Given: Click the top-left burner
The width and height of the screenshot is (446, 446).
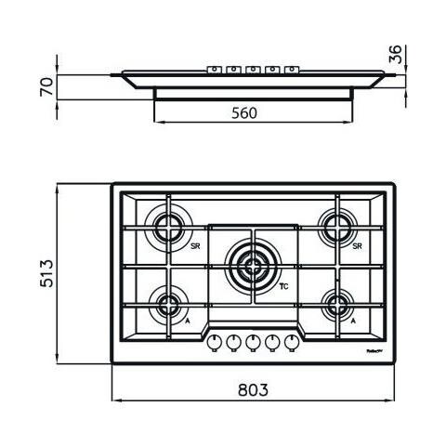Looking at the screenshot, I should pos(171,227).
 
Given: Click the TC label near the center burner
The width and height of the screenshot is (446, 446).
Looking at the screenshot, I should pos(285,287).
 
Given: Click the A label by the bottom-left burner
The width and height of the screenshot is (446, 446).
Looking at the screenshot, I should pos(190,320).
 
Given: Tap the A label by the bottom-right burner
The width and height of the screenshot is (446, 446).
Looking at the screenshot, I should pos(354,320).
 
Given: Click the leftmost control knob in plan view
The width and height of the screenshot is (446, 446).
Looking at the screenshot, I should pos(214,341).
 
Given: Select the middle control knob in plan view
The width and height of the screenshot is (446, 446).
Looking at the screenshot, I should pos(253,341).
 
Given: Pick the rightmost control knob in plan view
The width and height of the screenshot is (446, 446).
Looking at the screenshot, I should pos(292,341).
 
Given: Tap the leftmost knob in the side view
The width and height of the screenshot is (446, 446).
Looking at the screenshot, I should pos(213,68).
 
